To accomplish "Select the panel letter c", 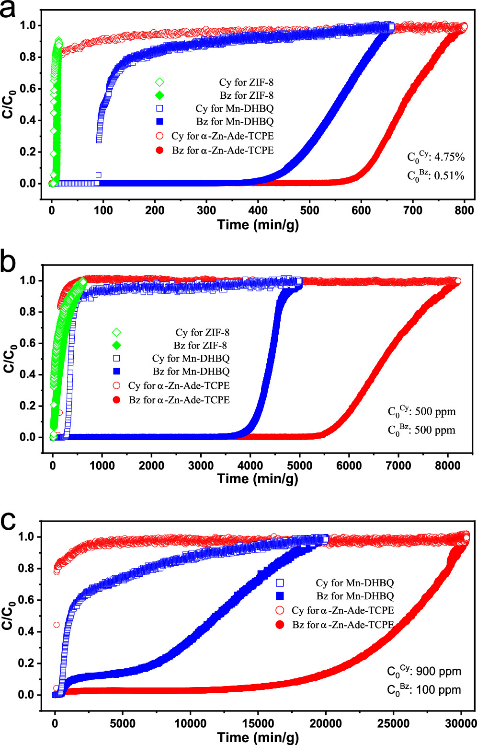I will (x=8, y=521).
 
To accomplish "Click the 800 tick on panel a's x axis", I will (x=464, y=210).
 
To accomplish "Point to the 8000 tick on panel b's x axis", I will (x=447, y=466).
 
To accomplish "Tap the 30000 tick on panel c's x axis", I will (x=461, y=723).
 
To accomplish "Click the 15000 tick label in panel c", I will (x=258, y=723).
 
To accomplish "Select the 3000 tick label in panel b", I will (x=201, y=466).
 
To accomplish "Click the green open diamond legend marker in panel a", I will (x=159, y=82).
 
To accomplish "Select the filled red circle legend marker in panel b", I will (x=116, y=400).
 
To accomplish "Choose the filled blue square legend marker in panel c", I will (x=280, y=596).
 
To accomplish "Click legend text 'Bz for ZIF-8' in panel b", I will (x=200, y=345).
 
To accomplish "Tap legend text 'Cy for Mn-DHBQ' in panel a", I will (x=235, y=108).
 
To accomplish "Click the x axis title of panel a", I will (x=258, y=224).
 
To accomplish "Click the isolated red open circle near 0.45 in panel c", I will (x=57, y=625).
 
